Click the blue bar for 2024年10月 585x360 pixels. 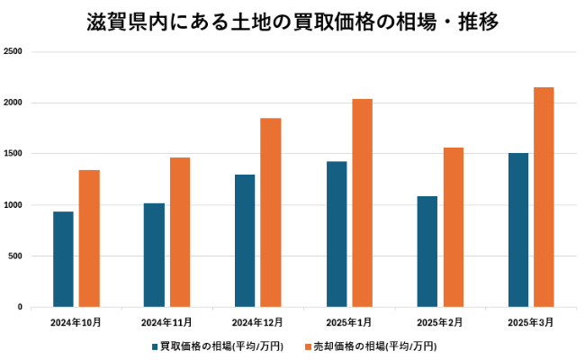(63, 259)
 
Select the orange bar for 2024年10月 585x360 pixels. (89, 238)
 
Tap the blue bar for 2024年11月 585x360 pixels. (154, 255)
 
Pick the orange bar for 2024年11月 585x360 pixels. (180, 232)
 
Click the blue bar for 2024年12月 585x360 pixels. (245, 240)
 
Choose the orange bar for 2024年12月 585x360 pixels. (271, 212)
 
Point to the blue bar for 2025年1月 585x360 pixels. (337, 234)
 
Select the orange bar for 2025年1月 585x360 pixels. (362, 202)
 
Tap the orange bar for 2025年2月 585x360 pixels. (454, 227)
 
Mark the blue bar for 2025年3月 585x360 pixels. (518, 229)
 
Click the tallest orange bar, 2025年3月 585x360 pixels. (544, 197)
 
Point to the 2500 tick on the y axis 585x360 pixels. (13, 52)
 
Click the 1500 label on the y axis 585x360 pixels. (13, 154)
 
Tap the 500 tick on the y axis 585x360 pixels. (15, 256)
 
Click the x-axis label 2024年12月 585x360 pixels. (257, 321)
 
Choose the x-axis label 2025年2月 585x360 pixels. (440, 321)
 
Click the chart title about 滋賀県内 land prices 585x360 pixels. (292, 20)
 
